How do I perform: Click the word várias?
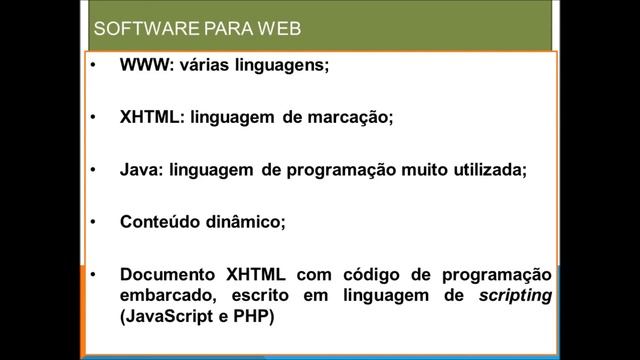(204, 65)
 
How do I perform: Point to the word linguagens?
(284, 66)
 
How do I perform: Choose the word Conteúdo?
(160, 222)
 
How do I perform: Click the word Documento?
(168, 274)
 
